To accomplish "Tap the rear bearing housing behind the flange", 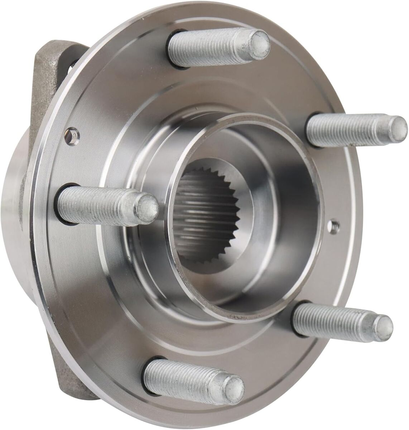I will pos(21,201).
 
